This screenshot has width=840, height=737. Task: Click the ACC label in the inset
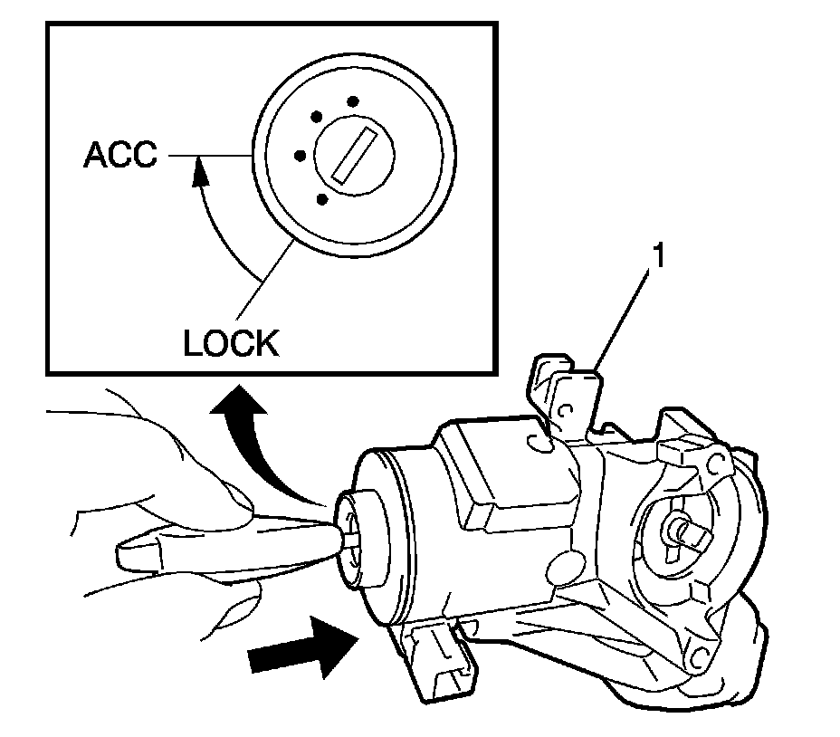click(x=119, y=155)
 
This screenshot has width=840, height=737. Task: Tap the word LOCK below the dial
click(x=230, y=343)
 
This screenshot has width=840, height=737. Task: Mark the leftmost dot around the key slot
click(x=300, y=155)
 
